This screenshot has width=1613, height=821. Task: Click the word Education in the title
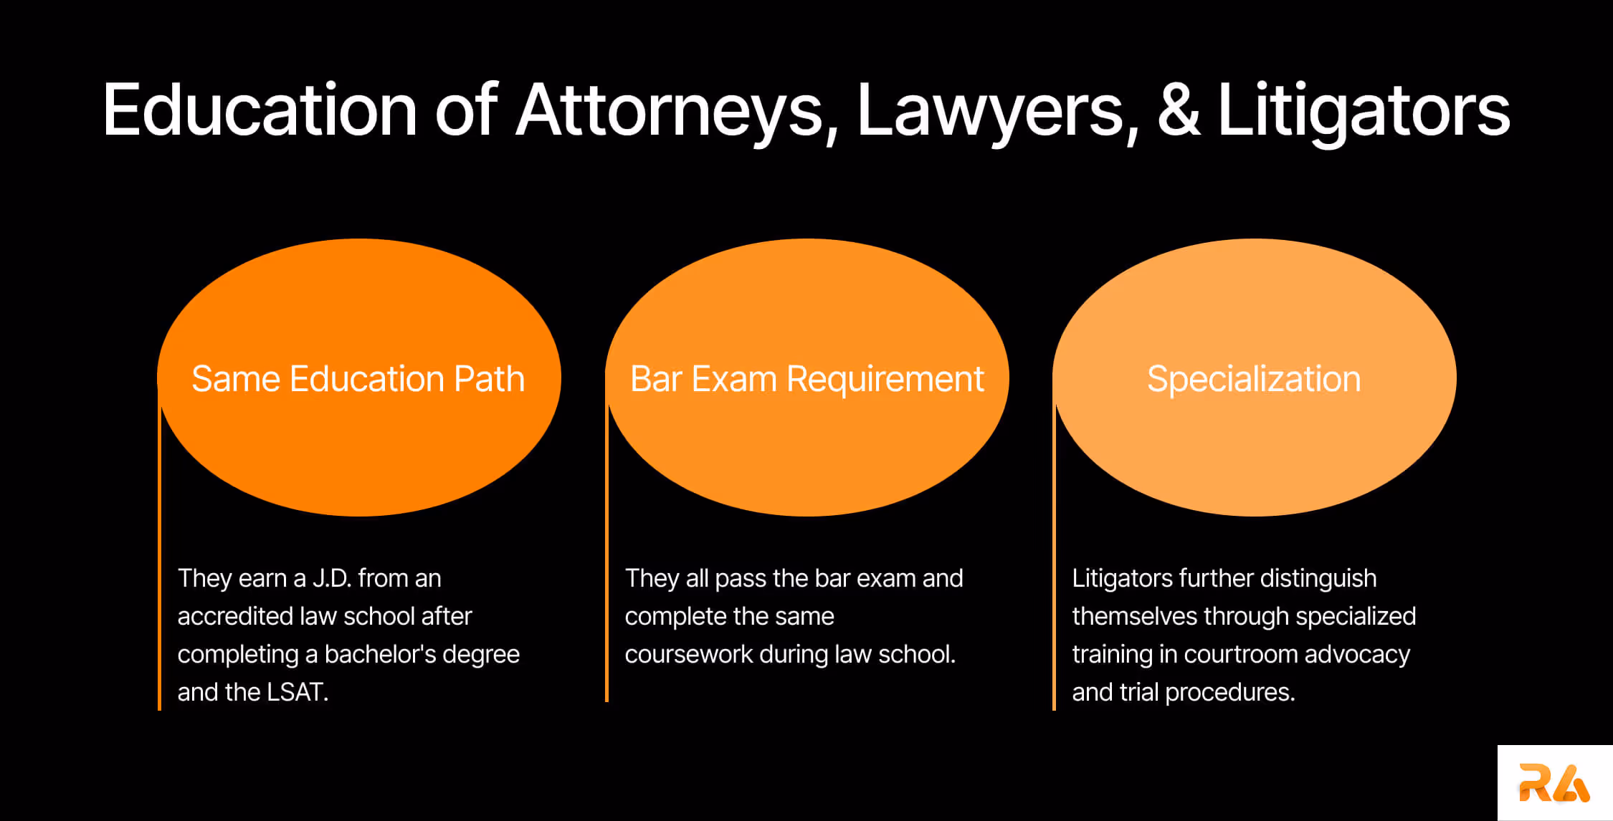coord(260,111)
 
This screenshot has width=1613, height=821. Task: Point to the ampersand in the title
coord(1179,111)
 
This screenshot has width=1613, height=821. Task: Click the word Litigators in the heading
coord(1364,111)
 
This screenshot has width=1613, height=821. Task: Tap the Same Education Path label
coord(358,379)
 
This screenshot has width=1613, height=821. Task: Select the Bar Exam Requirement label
coord(806,379)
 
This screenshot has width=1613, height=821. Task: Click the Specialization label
coord(1254,379)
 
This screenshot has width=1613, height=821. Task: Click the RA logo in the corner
coord(1553,783)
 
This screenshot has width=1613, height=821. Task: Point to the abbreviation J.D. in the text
coord(331,578)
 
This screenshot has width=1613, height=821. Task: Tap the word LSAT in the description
coord(296,692)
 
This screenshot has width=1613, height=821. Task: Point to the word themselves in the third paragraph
coord(1134,616)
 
